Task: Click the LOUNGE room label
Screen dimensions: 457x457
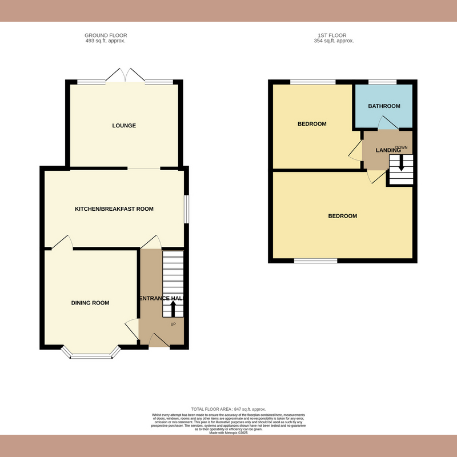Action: point(124,126)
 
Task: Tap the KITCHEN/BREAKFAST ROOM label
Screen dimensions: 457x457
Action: point(114,209)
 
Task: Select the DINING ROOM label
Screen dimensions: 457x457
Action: point(90,303)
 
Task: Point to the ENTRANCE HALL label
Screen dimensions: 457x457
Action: point(162,298)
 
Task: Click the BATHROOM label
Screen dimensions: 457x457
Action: point(384,106)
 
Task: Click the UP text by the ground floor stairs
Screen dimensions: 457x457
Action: point(173,324)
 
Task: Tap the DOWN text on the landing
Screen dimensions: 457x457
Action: point(401,147)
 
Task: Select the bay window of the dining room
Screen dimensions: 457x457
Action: point(91,355)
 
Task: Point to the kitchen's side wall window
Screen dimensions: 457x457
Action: point(185,209)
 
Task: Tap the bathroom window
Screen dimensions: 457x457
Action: point(383,83)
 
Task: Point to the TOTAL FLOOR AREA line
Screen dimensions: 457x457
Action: point(228,410)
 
